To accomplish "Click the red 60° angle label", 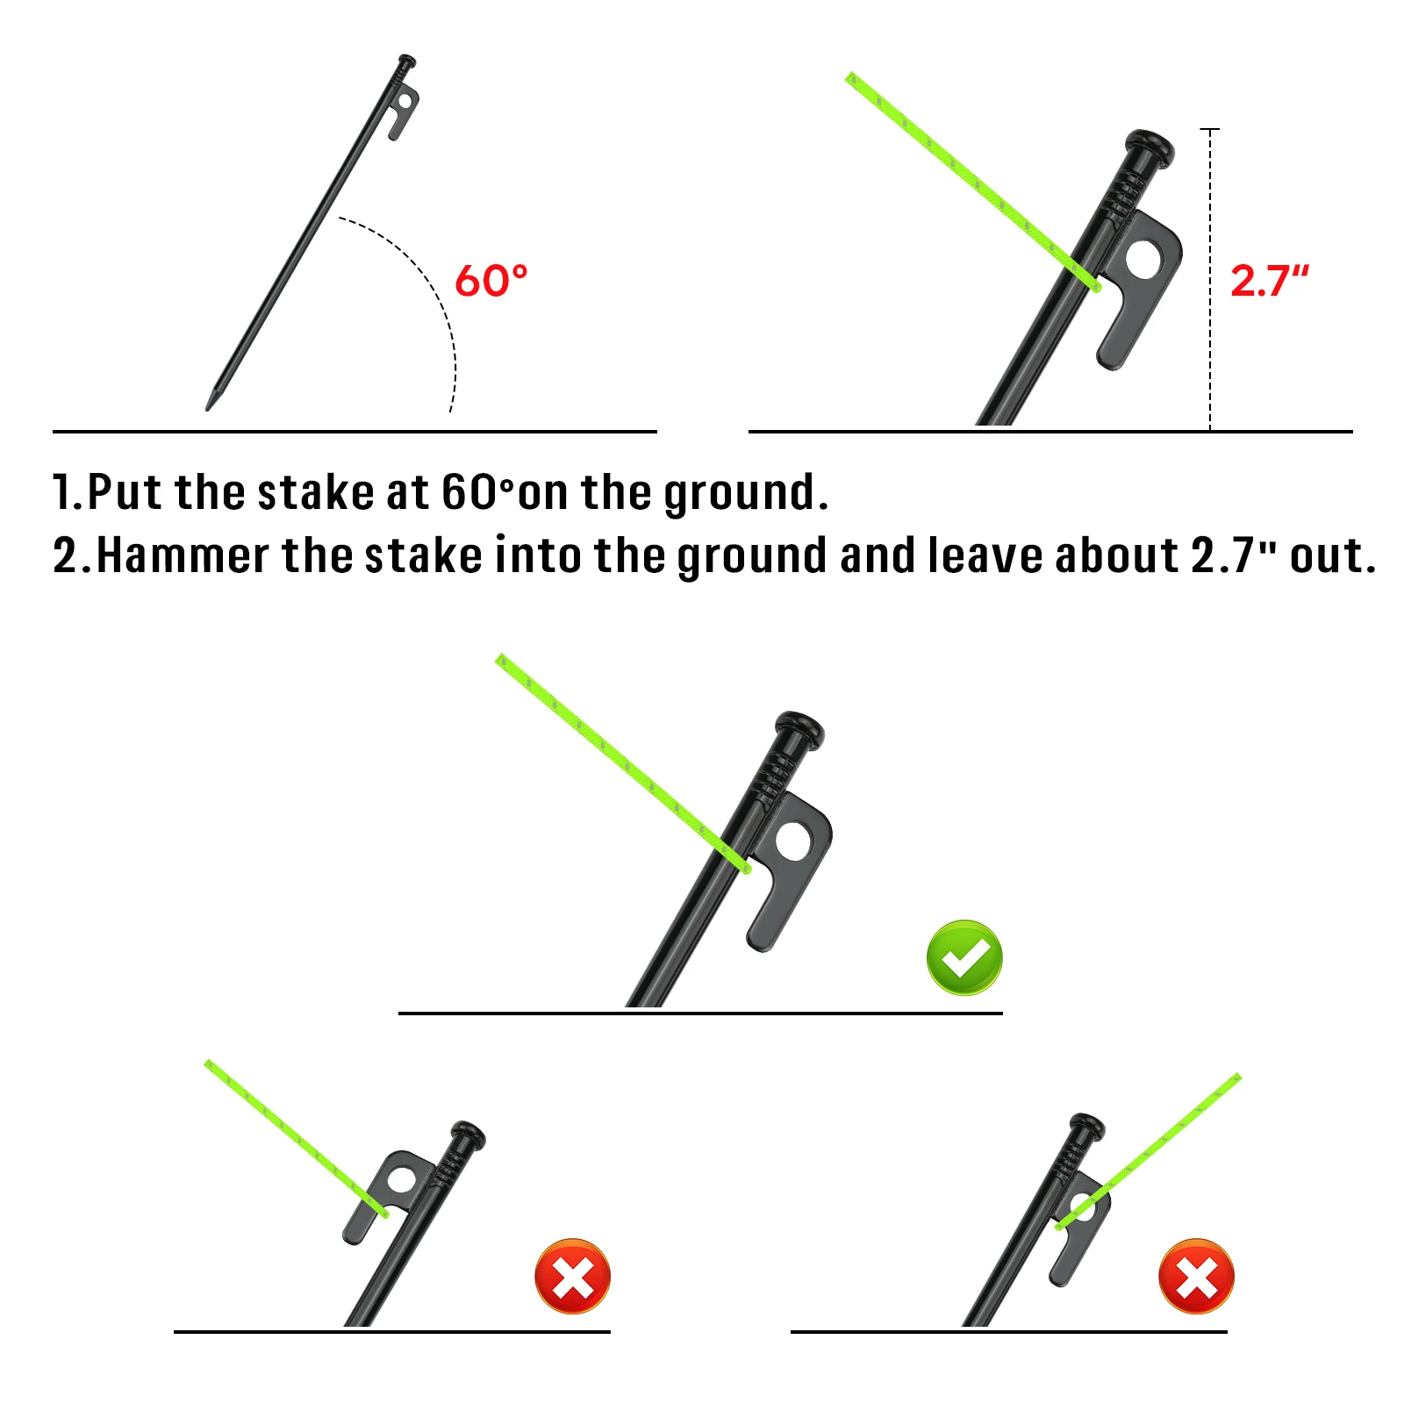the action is (x=491, y=281).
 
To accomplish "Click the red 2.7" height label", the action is (x=1269, y=281).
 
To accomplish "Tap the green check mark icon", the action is (x=964, y=957).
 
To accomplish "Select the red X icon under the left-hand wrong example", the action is (x=573, y=1276).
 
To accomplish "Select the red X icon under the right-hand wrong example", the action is (x=1196, y=1276).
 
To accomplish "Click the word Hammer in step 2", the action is (x=183, y=555).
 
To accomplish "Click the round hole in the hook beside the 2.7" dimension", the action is (x=1143, y=260).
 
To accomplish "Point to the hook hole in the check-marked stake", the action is (x=792, y=842).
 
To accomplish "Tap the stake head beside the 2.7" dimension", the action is (x=1150, y=146).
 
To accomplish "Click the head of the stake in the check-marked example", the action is (x=799, y=728).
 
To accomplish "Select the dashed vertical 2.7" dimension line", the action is (x=1210, y=280).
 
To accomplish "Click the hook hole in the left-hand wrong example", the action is (x=402, y=1179).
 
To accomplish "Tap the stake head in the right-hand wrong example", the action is (x=1087, y=1125).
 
